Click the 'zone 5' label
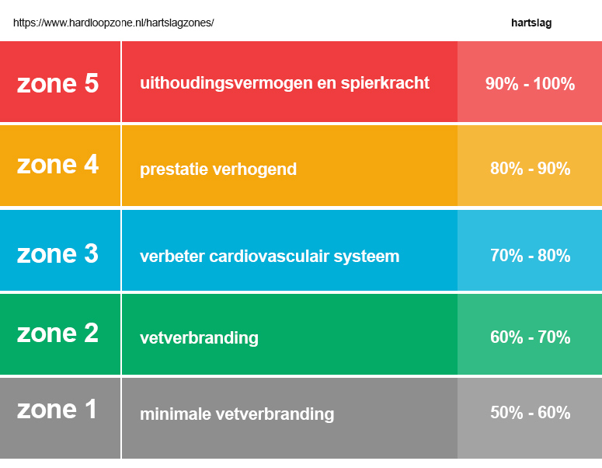57,83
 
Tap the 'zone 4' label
57,165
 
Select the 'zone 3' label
57,253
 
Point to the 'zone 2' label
57,333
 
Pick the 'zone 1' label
57,409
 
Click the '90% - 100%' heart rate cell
530,84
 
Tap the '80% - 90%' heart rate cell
530,169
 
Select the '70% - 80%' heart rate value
530,256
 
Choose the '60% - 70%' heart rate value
530,337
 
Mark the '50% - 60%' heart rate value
530,413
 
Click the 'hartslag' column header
531,23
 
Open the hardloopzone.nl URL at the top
113,23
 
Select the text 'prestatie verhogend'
218,169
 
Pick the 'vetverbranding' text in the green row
199,338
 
